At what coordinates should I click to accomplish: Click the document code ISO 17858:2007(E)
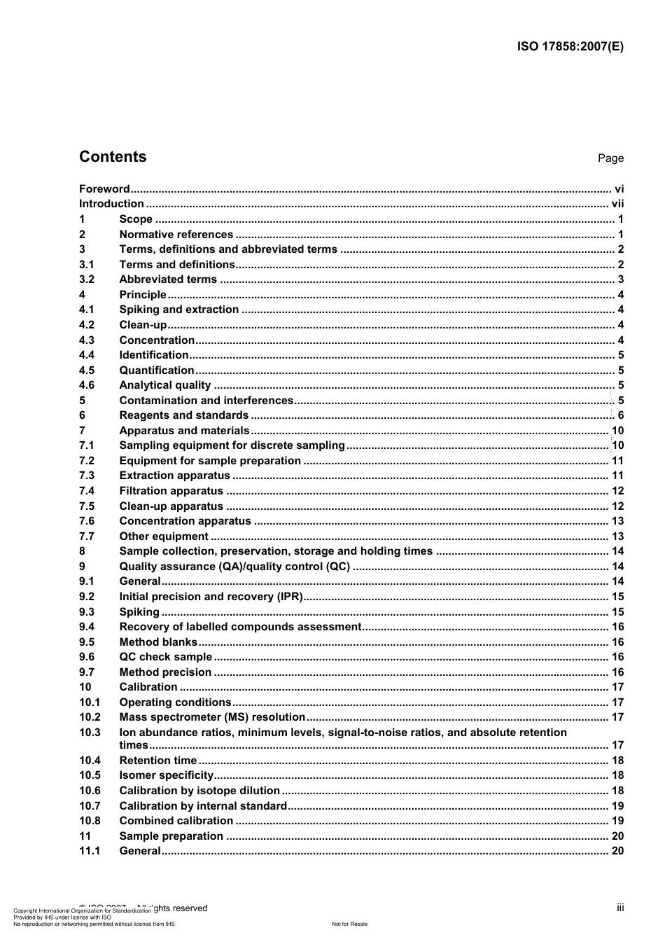pyautogui.click(x=570, y=47)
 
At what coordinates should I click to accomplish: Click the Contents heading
pyautogui.click(x=113, y=157)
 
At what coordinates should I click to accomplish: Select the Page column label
pyautogui.click(x=610, y=158)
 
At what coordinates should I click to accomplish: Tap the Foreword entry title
pyautogui.click(x=104, y=189)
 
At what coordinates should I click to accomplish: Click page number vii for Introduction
pyautogui.click(x=617, y=204)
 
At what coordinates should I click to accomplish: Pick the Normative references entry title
pyautogui.click(x=176, y=235)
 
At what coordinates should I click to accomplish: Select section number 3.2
pyautogui.click(x=87, y=279)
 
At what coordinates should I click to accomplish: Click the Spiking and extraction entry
pyautogui.click(x=178, y=310)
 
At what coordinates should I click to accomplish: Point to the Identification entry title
pyautogui.click(x=153, y=355)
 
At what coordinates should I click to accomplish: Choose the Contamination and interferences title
pyautogui.click(x=206, y=401)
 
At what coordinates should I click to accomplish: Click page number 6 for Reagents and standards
pyautogui.click(x=620, y=416)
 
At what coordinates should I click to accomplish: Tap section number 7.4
pyautogui.click(x=87, y=491)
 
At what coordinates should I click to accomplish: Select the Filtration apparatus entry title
pyautogui.click(x=171, y=491)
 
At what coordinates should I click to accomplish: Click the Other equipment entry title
pyautogui.click(x=164, y=536)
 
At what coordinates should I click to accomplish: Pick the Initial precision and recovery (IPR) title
pyautogui.click(x=211, y=597)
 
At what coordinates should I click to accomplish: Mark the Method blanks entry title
pyautogui.click(x=158, y=642)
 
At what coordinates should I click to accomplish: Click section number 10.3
pyautogui.click(x=90, y=733)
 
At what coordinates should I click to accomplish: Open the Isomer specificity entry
pyautogui.click(x=166, y=775)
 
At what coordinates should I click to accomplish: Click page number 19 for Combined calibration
pyautogui.click(x=617, y=821)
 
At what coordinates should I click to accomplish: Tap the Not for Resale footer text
pyautogui.click(x=349, y=924)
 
